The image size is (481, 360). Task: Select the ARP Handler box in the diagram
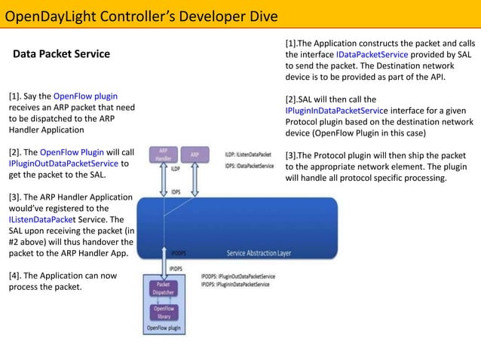coord(162,154)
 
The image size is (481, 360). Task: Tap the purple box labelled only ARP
coord(194,154)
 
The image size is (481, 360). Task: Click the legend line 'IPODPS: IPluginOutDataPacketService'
coord(238,277)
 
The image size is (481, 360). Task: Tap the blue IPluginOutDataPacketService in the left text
coord(64,163)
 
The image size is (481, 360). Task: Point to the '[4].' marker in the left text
coord(16,275)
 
